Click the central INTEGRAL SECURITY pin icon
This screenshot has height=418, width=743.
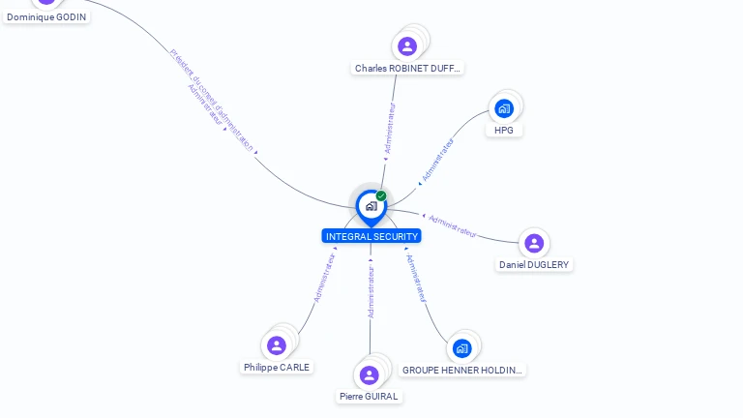(x=371, y=206)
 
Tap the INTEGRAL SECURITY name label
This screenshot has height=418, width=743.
(x=371, y=236)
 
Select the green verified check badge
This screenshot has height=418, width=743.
(x=381, y=195)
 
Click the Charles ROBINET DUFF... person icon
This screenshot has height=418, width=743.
(x=407, y=45)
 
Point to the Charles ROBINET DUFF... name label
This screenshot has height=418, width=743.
(x=408, y=69)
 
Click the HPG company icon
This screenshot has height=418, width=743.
(x=503, y=108)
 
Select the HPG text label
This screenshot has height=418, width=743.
(x=504, y=130)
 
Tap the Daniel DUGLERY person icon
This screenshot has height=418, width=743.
(x=534, y=243)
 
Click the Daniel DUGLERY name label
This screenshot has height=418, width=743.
(x=534, y=264)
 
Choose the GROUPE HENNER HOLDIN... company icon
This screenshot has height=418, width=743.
(x=461, y=348)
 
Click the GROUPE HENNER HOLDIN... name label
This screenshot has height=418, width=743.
(x=462, y=370)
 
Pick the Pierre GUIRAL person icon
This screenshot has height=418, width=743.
(x=369, y=374)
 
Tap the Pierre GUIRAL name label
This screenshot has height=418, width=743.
(x=369, y=396)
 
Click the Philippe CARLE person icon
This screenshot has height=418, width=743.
(x=277, y=345)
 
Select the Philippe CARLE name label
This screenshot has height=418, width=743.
(x=277, y=367)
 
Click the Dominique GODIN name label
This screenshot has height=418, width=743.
(x=46, y=16)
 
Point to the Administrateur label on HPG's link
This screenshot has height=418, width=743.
(x=438, y=160)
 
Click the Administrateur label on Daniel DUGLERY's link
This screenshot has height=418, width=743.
(x=452, y=225)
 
